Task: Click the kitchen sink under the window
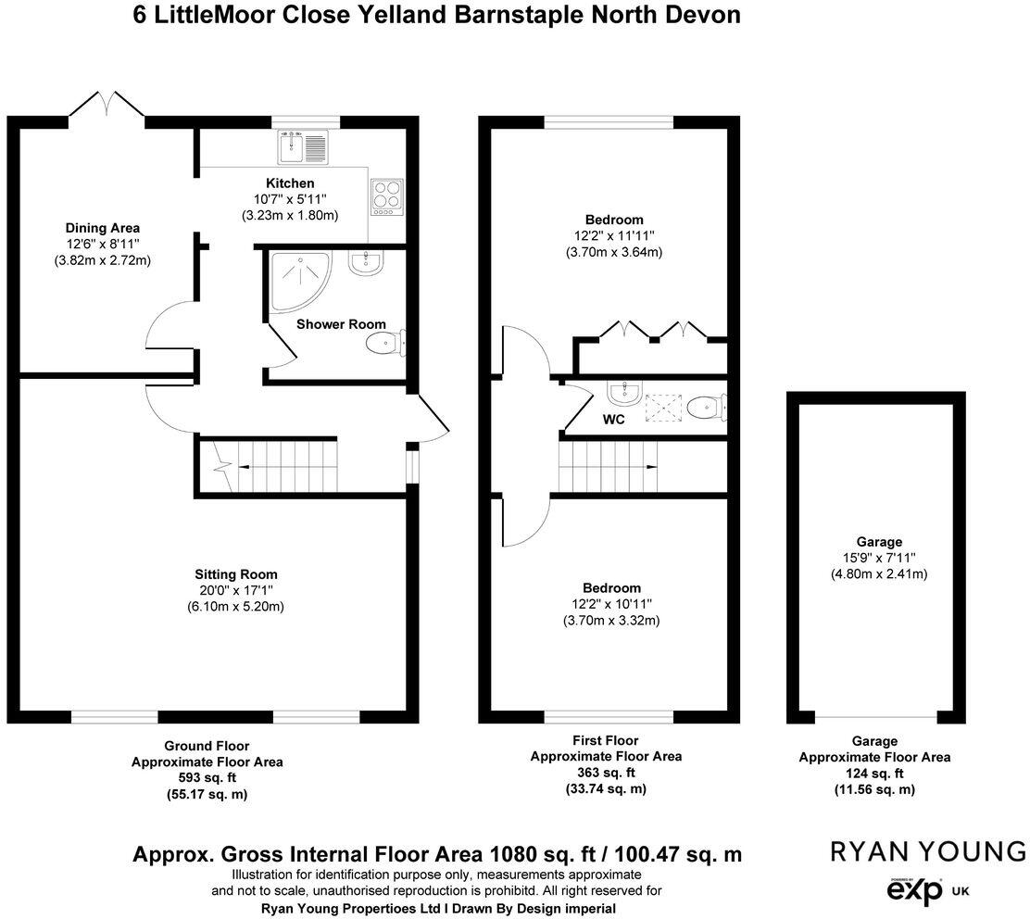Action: [302, 146]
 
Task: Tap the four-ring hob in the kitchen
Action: [384, 197]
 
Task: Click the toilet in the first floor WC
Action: [707, 406]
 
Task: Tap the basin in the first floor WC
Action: [623, 393]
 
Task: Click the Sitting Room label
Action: [235, 574]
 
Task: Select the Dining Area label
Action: [102, 228]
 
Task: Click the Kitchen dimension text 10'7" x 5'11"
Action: [290, 199]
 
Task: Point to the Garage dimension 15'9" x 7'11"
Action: [879, 559]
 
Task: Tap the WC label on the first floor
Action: [613, 420]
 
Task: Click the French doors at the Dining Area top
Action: [107, 105]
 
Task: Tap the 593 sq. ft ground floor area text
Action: [207, 778]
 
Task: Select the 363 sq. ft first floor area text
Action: [605, 773]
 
